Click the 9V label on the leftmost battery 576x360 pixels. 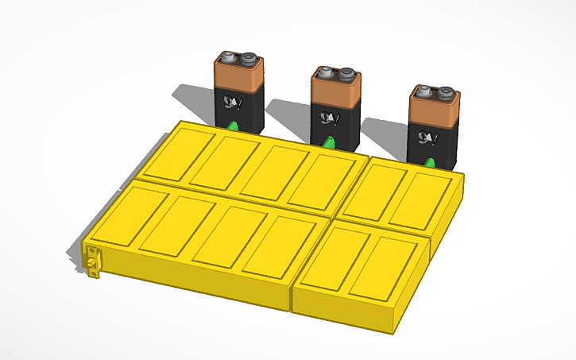(234, 103)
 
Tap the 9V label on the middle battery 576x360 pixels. (329, 118)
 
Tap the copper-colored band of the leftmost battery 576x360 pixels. (238, 76)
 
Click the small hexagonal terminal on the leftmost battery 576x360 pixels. (229, 57)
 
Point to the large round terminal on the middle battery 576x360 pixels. (346, 75)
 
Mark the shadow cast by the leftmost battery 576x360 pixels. (195, 99)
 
